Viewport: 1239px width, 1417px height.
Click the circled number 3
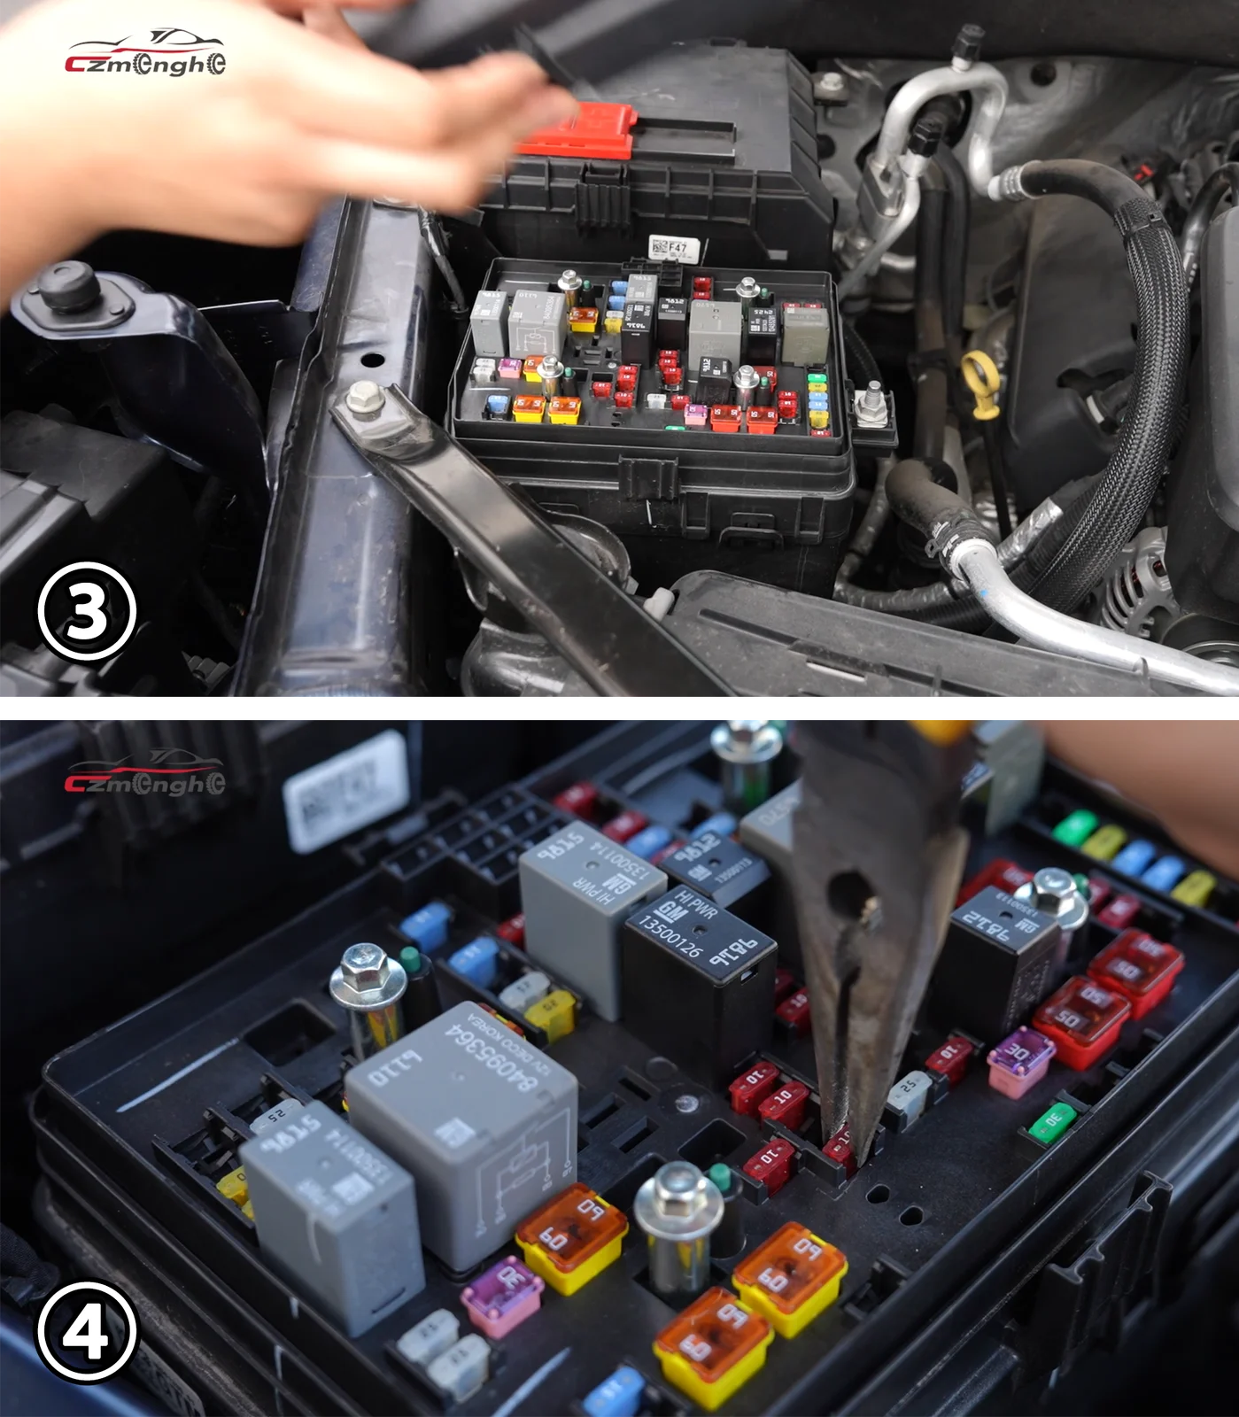[x=87, y=611]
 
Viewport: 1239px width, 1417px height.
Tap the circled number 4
[x=87, y=1332]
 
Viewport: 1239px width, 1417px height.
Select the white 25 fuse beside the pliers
[x=909, y=1089]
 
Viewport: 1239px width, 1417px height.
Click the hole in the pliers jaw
[x=848, y=890]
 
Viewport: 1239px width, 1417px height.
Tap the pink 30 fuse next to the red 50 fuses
[x=1020, y=1057]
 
